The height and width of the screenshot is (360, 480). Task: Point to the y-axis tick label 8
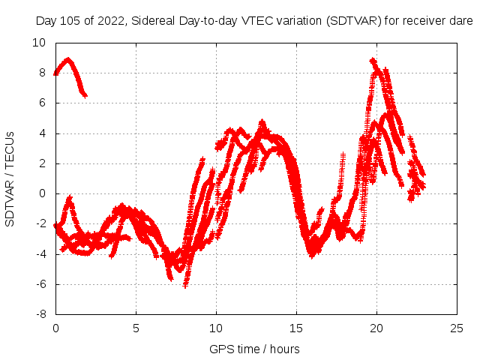[43, 73]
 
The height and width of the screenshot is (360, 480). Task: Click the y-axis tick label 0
[43, 193]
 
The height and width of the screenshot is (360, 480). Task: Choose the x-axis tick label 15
[296, 328]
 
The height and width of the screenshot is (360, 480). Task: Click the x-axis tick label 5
[136, 328]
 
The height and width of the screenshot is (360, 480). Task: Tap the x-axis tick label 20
[376, 328]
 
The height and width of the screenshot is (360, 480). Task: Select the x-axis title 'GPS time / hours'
[254, 349]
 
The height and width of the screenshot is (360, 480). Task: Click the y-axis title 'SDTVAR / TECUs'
[10, 178]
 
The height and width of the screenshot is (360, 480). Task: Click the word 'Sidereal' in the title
[154, 21]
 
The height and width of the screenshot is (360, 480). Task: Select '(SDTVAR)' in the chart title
[352, 21]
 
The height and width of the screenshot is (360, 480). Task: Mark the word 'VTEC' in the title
[259, 21]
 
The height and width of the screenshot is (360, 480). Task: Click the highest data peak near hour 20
[373, 60]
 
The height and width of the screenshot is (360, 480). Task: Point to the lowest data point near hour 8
[185, 285]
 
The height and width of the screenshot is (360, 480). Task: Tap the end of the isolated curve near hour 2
[85, 95]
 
